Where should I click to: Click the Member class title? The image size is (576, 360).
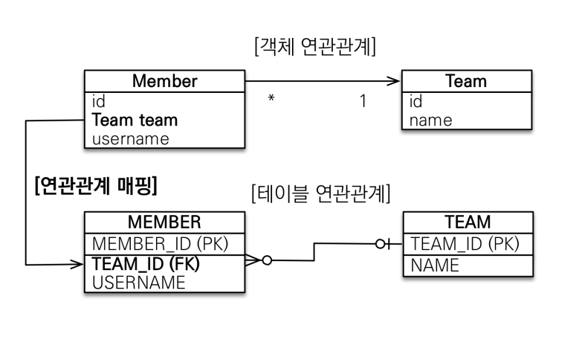click(x=164, y=81)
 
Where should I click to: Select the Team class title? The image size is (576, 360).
click(x=466, y=81)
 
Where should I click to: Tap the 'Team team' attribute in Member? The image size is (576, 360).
click(x=135, y=120)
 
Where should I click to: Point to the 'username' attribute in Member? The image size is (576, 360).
click(x=130, y=139)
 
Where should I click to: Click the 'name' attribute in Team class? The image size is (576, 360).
click(x=430, y=120)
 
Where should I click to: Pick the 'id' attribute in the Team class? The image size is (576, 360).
click(x=415, y=101)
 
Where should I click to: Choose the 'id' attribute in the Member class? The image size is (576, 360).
click(x=98, y=101)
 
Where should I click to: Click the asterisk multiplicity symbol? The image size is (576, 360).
click(x=271, y=98)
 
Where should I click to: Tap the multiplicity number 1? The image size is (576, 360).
click(x=363, y=100)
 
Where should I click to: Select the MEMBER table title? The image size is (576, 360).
click(x=164, y=222)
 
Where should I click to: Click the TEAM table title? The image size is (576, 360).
click(x=467, y=222)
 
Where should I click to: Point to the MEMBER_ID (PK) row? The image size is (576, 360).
click(x=160, y=244)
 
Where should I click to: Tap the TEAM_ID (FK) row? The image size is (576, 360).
click(x=146, y=263)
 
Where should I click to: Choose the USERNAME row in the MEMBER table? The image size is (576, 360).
click(x=138, y=283)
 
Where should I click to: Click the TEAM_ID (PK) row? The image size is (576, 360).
click(x=465, y=244)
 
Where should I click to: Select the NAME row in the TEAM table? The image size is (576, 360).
click(x=435, y=266)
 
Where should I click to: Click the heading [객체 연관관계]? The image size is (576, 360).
click(x=315, y=46)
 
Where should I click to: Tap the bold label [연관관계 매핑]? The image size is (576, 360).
click(x=96, y=186)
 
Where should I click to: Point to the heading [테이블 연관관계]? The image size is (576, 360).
click(x=320, y=193)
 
